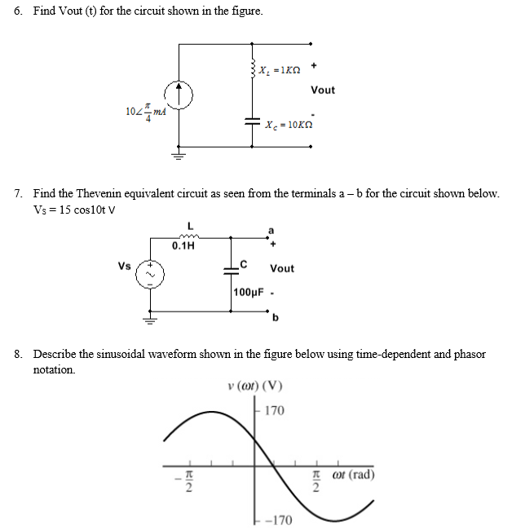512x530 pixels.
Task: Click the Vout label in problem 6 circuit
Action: [x=323, y=90]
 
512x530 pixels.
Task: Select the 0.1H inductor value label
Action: [x=183, y=245]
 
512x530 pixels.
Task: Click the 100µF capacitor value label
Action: [x=248, y=292]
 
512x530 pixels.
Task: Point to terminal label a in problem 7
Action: [x=272, y=229]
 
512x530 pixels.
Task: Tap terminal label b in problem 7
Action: [x=276, y=317]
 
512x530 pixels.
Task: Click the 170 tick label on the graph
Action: [x=275, y=411]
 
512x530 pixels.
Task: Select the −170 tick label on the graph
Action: [x=280, y=519]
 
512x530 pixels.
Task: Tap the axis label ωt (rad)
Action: [x=351, y=474]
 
